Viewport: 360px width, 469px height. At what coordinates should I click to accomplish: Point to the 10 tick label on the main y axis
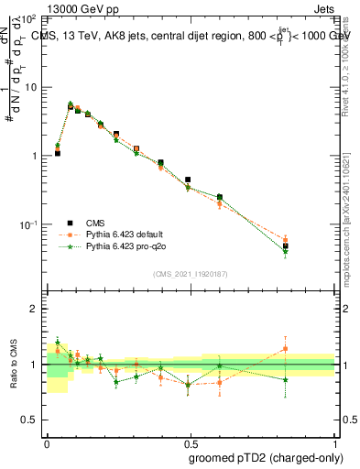tap(30, 87)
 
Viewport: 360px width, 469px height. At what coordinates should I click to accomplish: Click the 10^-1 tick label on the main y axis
tap(28, 224)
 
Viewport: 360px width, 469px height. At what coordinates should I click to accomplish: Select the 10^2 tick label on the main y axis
tap(28, 18)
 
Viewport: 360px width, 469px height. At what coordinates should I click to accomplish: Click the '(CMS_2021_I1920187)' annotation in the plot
tap(190, 273)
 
